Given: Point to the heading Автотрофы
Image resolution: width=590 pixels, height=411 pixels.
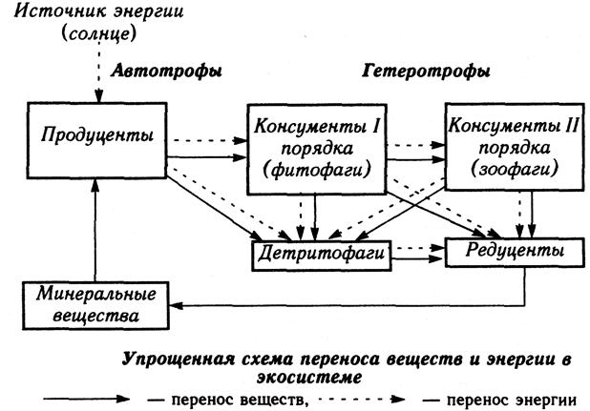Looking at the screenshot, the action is tap(166, 71).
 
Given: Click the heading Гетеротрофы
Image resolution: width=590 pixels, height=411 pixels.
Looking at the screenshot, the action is tap(426, 71).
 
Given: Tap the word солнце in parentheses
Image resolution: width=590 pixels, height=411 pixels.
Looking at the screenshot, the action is tap(98, 33).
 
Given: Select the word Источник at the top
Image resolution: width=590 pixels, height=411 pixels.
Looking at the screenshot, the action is tap(55, 10).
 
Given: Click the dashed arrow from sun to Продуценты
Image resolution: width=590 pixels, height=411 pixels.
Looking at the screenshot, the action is tap(98, 72).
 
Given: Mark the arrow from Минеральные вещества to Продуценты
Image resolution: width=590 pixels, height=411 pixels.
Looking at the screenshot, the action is tap(95, 230).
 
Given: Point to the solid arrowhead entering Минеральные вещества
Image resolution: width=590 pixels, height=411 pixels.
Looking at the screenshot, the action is tap(176, 305).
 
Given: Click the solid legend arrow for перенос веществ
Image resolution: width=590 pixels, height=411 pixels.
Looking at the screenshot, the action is tap(87, 399).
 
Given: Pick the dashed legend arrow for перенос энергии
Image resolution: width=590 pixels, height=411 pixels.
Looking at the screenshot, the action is tap(362, 399).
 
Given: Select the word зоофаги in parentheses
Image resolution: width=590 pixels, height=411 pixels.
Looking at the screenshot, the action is tap(515, 170).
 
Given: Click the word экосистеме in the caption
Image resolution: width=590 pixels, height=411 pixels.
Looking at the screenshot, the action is tap(309, 377).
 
